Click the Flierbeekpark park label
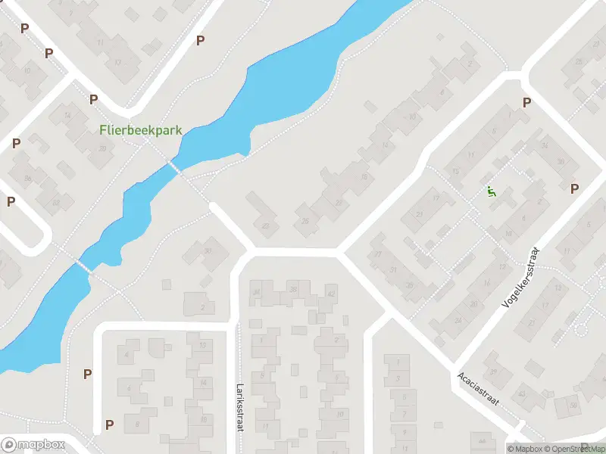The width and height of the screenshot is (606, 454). point(141,130)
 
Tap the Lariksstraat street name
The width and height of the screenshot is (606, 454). point(239,406)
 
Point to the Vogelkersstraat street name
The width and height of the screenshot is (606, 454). point(523,276)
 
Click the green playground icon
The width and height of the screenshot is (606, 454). point(492,192)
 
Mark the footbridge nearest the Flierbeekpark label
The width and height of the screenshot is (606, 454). point(175,166)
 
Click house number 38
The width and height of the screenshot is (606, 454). point(292,289)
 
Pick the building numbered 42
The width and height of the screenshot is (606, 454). point(330,294)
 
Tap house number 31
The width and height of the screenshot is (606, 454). point(392,270)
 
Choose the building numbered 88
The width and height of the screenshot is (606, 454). point(55,203)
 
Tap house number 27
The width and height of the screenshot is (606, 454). point(377,254)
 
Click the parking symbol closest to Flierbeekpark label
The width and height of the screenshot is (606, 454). point(94,99)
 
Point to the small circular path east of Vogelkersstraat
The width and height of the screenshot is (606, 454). point(583,329)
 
